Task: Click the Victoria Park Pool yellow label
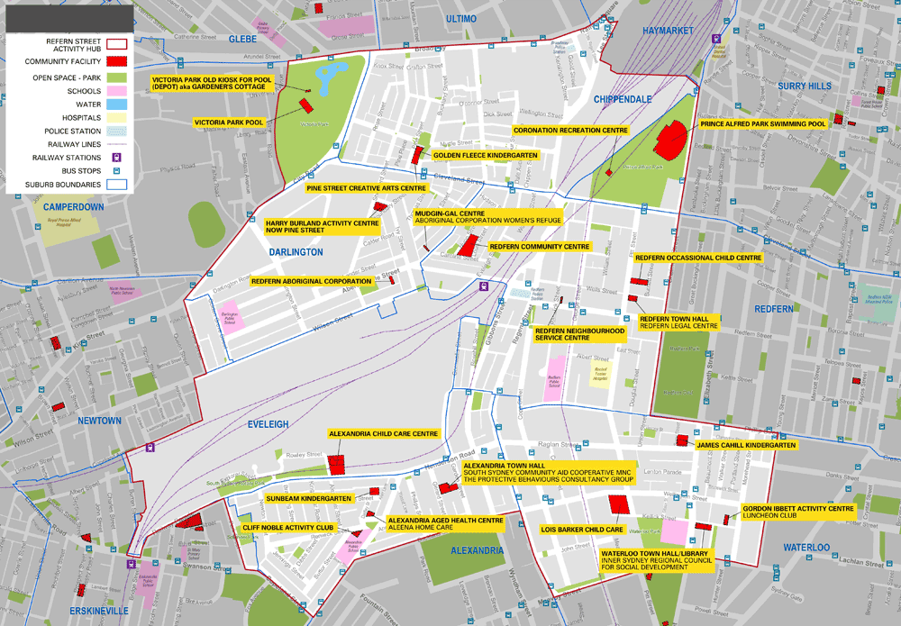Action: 229,122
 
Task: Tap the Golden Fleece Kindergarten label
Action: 486,156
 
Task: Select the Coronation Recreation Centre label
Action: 570,131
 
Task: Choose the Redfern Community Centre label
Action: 539,246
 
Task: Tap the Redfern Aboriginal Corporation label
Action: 311,281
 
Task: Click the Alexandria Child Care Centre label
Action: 383,433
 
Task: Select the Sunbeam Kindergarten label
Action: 313,498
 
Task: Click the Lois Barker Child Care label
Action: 581,529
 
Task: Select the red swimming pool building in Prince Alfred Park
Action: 670,140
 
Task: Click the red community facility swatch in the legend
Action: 116,60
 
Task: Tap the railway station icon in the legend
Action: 116,156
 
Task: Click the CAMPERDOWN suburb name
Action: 74,206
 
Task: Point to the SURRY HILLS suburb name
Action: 805,86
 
